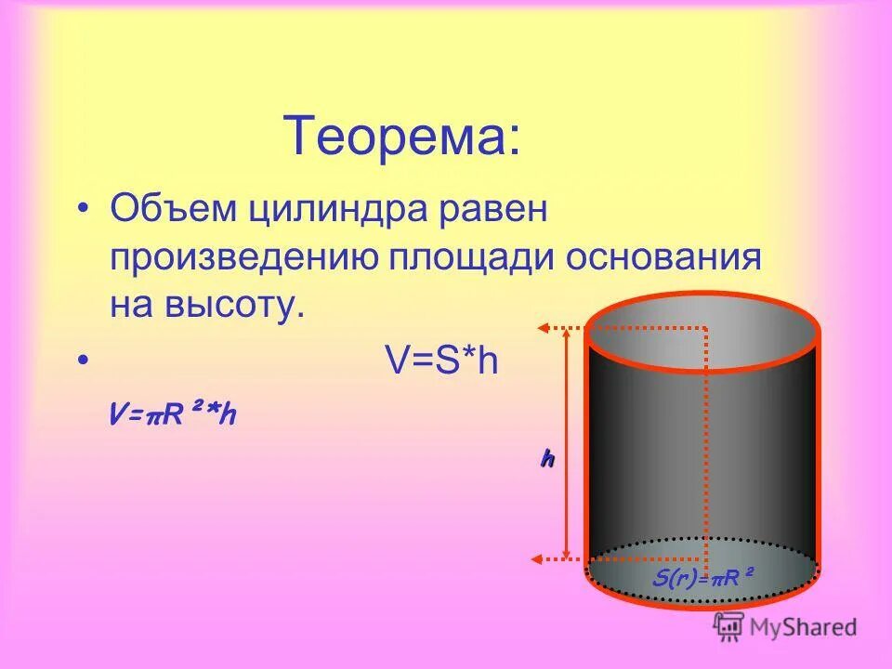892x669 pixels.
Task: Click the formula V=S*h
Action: pos(441,361)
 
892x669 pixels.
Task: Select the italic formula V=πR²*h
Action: pos(171,415)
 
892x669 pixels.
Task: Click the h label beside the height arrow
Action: pos(547,457)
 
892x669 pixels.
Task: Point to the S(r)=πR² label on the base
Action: pos(702,579)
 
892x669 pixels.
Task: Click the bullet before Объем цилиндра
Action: pos(84,211)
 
